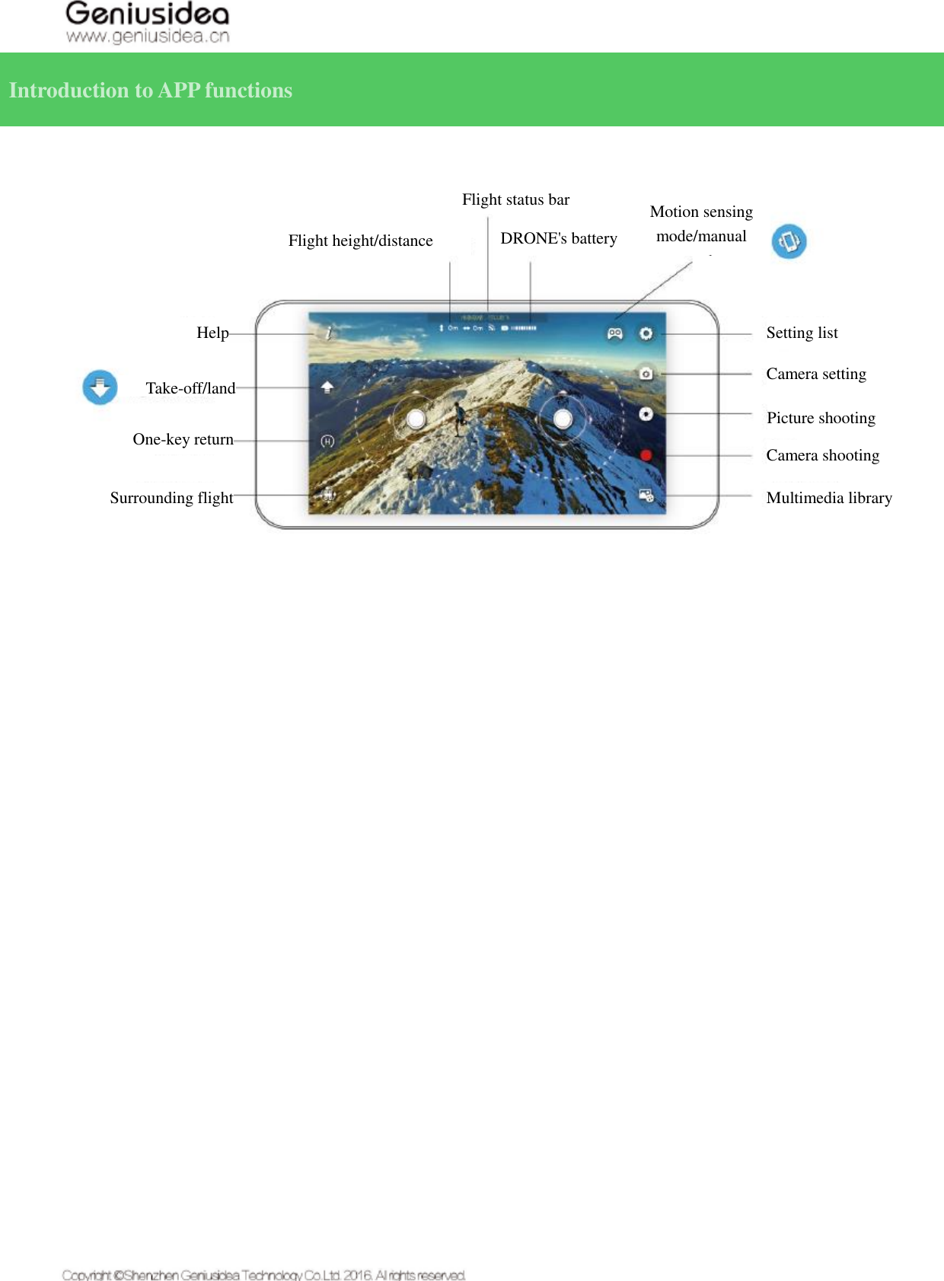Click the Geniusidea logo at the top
click(x=147, y=23)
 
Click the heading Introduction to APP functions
click(x=151, y=91)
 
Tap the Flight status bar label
click(x=515, y=200)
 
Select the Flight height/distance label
click(x=360, y=241)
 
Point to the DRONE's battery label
click(x=558, y=239)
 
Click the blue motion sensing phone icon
click(x=789, y=242)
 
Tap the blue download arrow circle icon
click(x=100, y=387)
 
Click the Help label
click(x=212, y=333)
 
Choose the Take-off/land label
click(x=190, y=389)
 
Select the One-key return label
click(x=183, y=440)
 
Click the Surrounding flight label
click(x=171, y=499)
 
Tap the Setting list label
click(x=802, y=333)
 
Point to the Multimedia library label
click(x=829, y=499)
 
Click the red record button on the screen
click(x=646, y=455)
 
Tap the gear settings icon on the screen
click(x=646, y=333)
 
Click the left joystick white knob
click(x=416, y=419)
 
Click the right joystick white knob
click(x=563, y=419)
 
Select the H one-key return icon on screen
click(x=327, y=441)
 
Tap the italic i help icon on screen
click(x=329, y=333)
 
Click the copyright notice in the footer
click(x=263, y=1275)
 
